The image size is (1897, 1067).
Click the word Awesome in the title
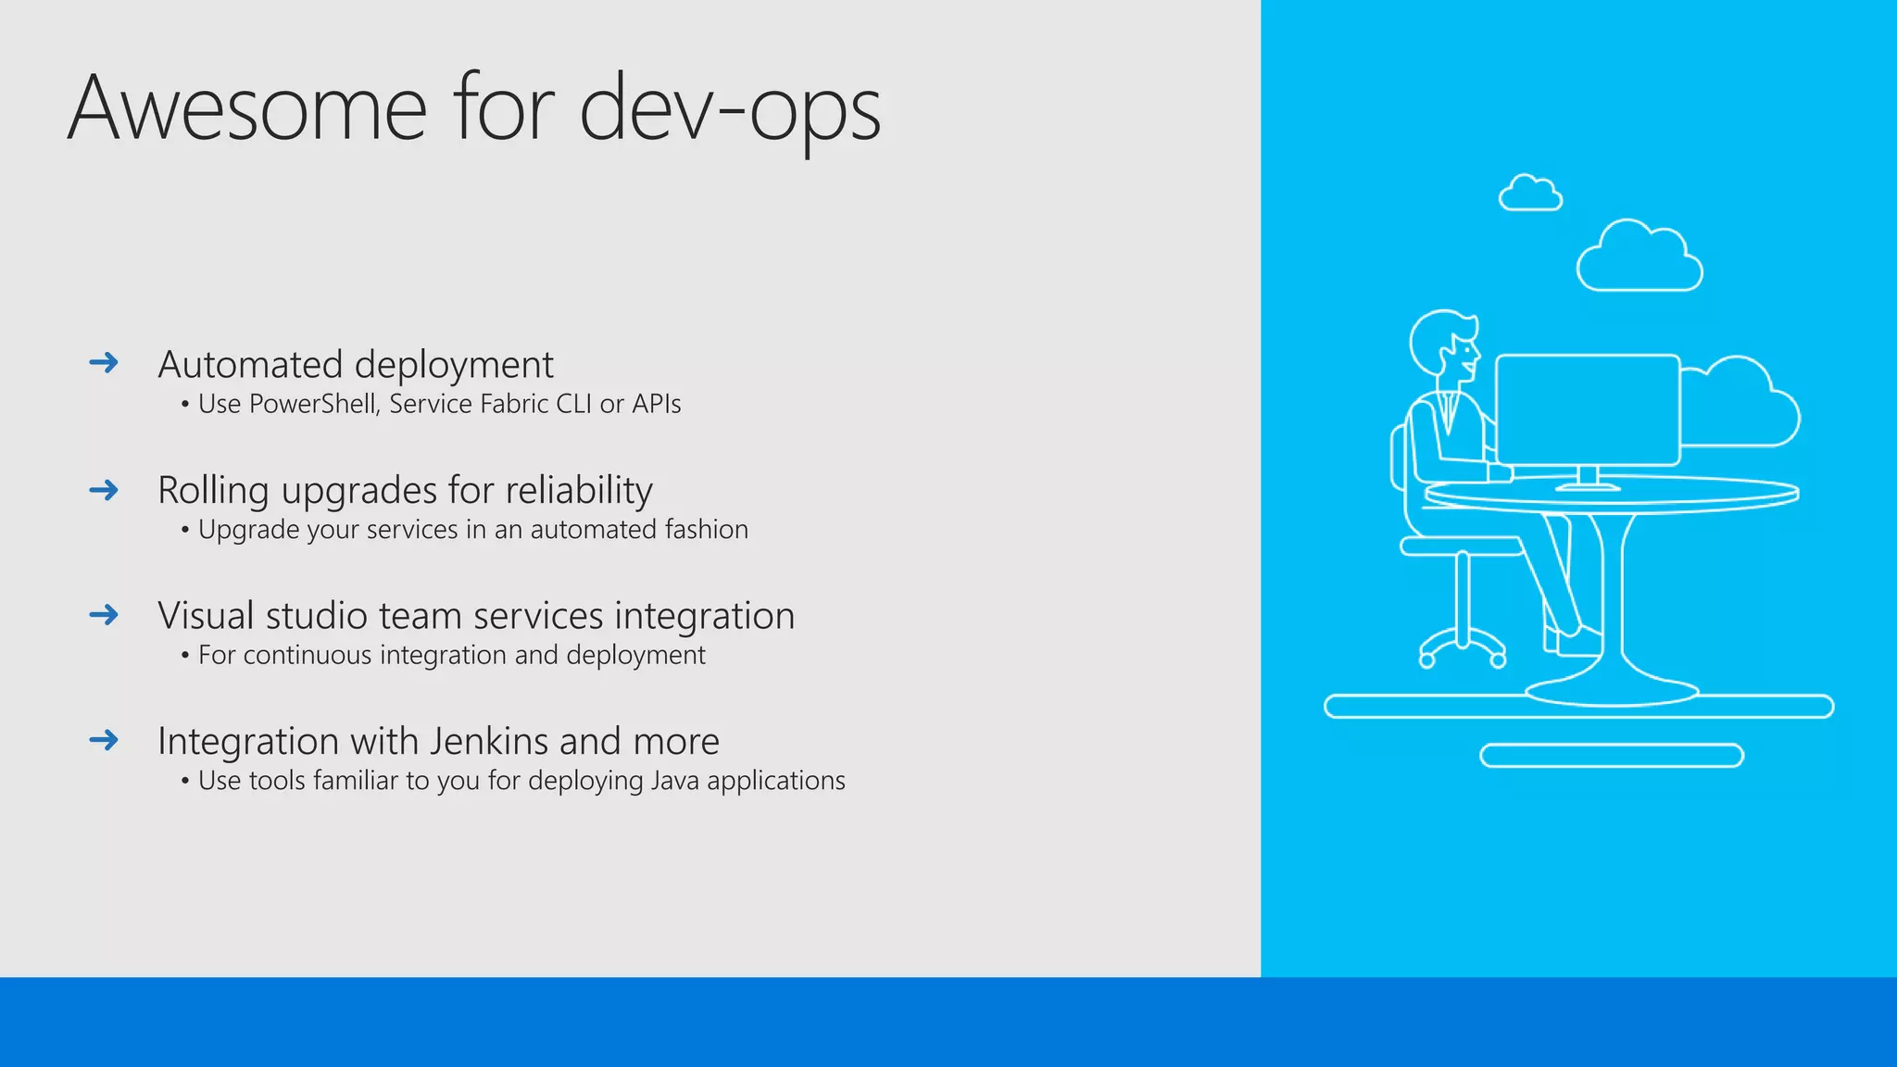pyautogui.click(x=246, y=109)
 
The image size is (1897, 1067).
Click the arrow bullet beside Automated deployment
pyautogui.click(x=104, y=362)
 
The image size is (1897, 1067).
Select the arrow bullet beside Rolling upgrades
pyautogui.click(x=104, y=489)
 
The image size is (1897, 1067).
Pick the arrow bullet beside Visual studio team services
pyautogui.click(x=104, y=614)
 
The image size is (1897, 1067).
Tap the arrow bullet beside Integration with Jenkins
pyautogui.click(x=104, y=739)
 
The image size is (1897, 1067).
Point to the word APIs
pyautogui.click(x=656, y=404)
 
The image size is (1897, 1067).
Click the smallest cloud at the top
pyautogui.click(x=1530, y=195)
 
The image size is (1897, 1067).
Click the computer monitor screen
pyautogui.click(x=1588, y=409)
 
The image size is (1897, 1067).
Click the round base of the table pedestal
pyautogui.click(x=1612, y=691)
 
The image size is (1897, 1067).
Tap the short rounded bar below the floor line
pyautogui.click(x=1612, y=756)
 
